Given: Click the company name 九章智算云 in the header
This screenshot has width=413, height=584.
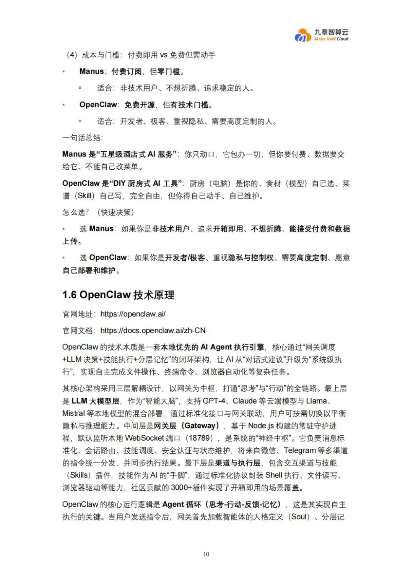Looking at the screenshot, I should pos(331,32).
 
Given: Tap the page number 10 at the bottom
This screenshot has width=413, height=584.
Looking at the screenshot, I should pos(206,554).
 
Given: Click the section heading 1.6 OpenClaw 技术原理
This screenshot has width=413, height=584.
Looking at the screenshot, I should pos(118,295).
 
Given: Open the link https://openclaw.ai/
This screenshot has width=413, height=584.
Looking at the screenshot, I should pos(133,314).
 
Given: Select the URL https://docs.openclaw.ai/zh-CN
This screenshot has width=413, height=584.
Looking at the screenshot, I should pos(153,331).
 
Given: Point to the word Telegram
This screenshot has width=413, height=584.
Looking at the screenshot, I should pos(299,451).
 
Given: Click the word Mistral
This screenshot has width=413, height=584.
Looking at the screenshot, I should pos(73,414).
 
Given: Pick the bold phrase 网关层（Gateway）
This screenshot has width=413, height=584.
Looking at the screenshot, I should pos(187,426).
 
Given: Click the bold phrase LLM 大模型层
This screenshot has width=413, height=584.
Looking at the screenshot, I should pos(96,401).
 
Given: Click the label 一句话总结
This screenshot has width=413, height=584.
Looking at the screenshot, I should pos(82,138).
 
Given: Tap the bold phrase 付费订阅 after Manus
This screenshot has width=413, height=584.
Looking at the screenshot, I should pos(127,71).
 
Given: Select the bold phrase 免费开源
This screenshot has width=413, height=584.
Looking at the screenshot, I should pos(140,105).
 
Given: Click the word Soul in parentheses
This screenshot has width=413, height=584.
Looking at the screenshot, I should pos(299,517).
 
